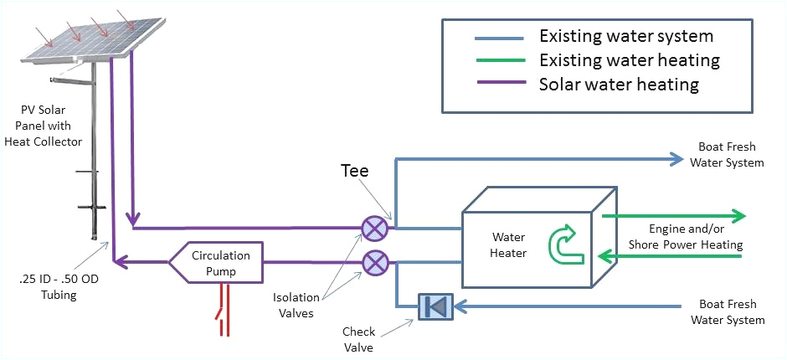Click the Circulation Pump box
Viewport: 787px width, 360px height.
[219, 262]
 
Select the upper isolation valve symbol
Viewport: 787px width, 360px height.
[373, 228]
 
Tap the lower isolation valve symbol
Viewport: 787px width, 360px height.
[373, 263]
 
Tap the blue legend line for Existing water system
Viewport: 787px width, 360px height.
[499, 38]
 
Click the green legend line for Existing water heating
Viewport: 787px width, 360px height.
[499, 61]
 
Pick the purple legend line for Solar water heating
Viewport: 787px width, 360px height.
[499, 85]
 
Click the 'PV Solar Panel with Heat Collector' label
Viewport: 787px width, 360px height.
[53, 125]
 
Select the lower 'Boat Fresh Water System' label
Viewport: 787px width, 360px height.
[731, 313]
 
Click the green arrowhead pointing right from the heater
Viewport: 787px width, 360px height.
[737, 215]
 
